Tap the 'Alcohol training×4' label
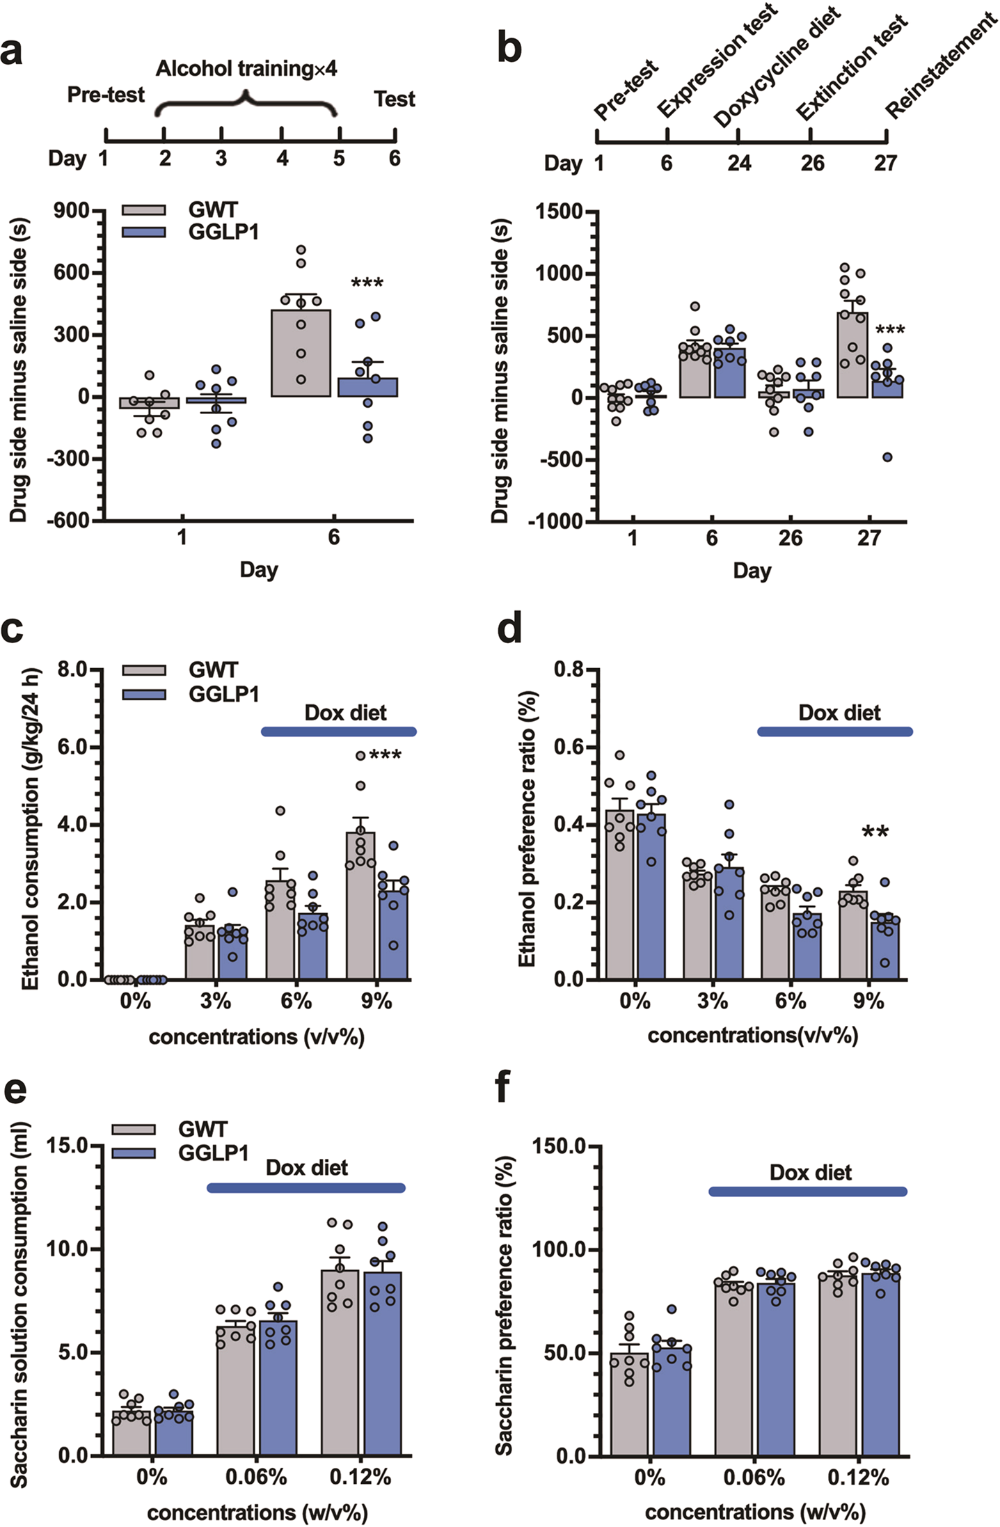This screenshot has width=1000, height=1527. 246,69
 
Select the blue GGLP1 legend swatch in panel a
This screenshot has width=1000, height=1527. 144,232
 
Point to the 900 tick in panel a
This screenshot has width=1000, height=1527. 73,210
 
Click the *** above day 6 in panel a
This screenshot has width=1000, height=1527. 367,283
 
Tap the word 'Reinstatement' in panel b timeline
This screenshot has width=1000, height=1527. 941,66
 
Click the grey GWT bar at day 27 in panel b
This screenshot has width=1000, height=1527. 852,355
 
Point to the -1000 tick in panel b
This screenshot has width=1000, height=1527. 555,521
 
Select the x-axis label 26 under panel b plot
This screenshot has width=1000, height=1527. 790,538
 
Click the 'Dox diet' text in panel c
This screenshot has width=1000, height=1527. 345,713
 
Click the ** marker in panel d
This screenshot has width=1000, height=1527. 875,831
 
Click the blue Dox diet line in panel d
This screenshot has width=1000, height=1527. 834,731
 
